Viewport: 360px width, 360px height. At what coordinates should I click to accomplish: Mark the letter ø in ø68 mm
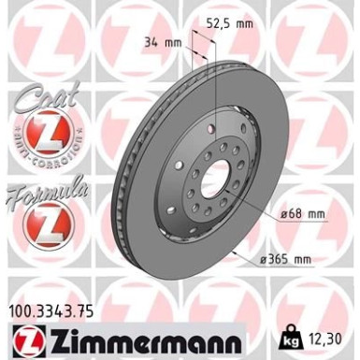pyautogui.click(x=284, y=215)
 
